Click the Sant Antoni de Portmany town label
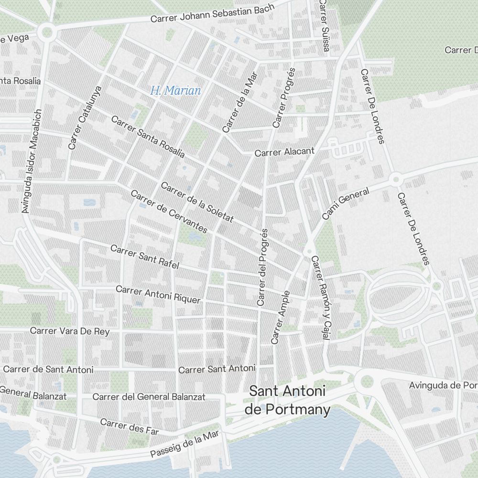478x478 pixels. point(287,401)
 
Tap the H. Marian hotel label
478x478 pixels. point(175,90)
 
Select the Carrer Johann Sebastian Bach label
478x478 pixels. point(212,13)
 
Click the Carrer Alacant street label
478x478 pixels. point(284,152)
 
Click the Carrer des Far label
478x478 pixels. point(129,426)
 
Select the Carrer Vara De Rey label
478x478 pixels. point(70,331)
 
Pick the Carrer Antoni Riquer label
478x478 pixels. point(158,294)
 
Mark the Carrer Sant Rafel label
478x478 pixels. point(144,257)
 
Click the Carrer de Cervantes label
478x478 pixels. point(169,212)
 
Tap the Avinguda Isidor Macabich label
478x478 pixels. point(32,161)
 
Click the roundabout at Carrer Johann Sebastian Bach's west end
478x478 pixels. point(47,33)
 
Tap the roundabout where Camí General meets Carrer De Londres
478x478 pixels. point(395,180)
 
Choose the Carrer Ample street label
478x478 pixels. point(281,317)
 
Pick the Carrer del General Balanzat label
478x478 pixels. point(149,397)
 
